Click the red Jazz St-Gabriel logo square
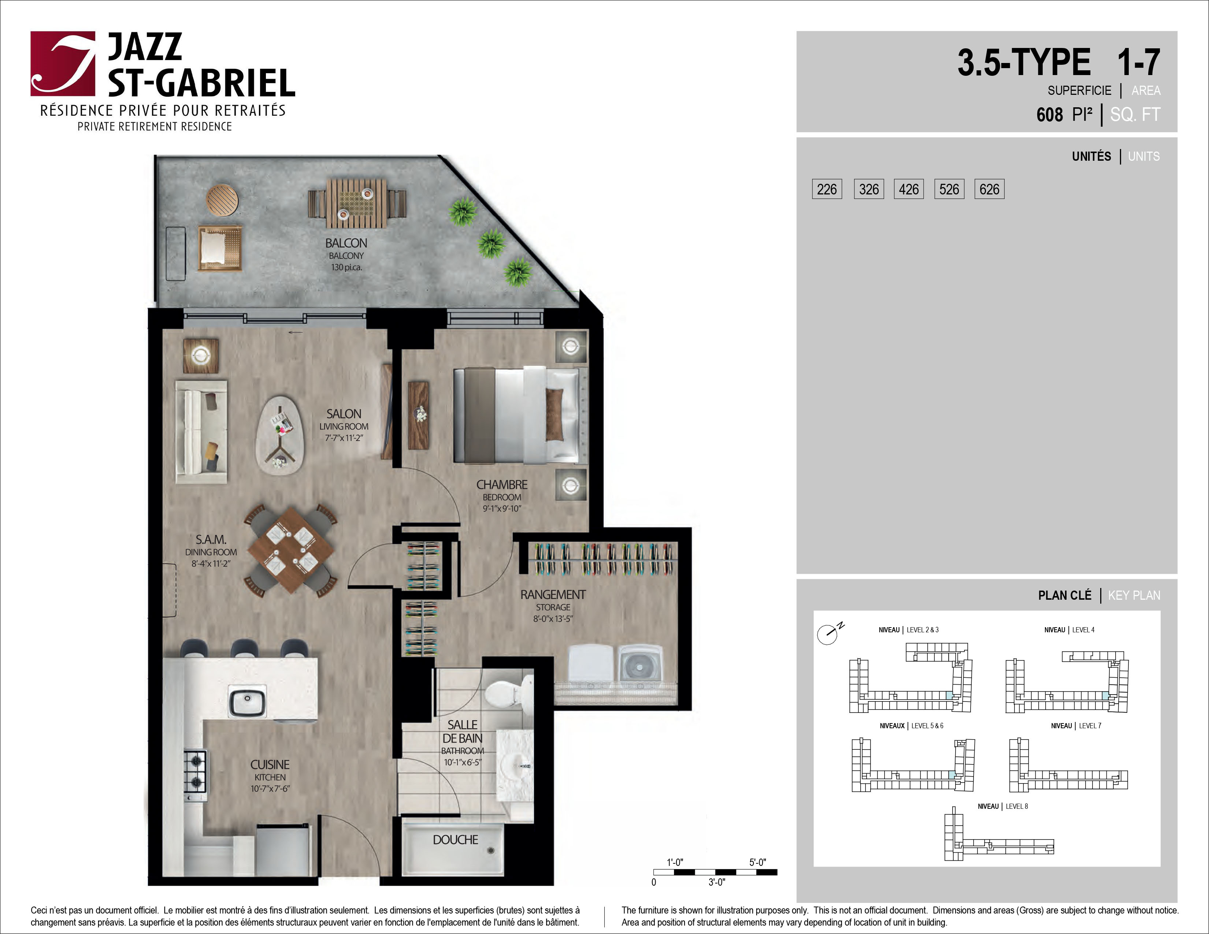coord(63,64)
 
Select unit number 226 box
coord(827,189)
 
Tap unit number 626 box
coord(989,189)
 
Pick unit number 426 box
coord(908,189)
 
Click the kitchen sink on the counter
coord(248,702)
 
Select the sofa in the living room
coord(201,432)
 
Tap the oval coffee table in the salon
coord(279,434)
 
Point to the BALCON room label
coord(346,243)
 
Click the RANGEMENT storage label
coord(553,595)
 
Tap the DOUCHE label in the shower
coord(456,840)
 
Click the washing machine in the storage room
coord(640,664)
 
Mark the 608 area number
coord(1050,115)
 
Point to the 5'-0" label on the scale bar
coord(758,862)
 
